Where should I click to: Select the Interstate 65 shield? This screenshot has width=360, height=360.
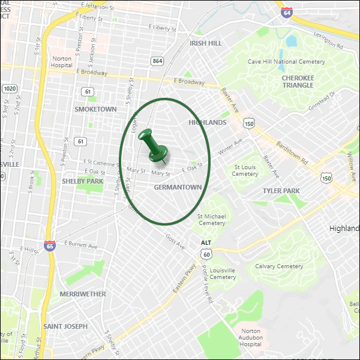tap(49, 246)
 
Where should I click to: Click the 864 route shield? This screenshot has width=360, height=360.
tap(158, 61)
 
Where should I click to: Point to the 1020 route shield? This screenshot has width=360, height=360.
tap(8, 88)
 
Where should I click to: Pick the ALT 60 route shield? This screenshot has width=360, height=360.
tap(206, 250)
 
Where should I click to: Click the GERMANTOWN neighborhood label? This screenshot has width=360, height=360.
tap(178, 187)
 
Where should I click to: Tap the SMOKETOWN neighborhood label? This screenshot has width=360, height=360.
tap(95, 109)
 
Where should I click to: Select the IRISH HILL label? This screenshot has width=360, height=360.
tap(205, 43)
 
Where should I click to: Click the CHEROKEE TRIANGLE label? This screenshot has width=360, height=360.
tap(298, 81)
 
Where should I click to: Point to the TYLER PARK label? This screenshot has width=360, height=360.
tap(281, 190)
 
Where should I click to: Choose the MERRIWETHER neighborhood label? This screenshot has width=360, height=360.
tap(83, 294)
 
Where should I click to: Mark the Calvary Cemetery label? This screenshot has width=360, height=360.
tap(279, 266)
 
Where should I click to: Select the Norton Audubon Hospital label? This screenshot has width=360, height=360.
tap(251, 338)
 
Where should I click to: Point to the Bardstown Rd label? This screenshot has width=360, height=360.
tap(292, 153)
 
